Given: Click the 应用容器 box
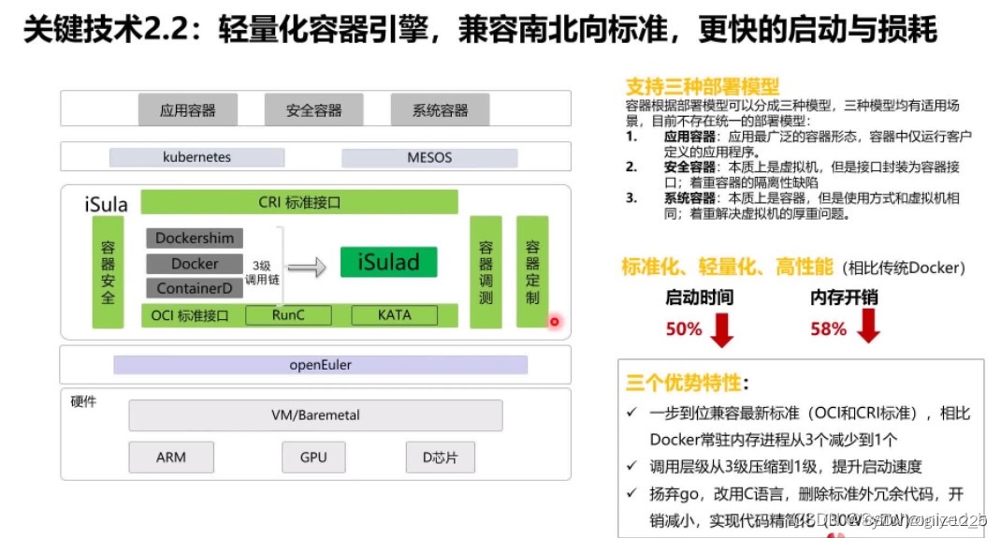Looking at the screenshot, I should tap(187, 110).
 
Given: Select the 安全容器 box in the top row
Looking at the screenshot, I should tap(313, 110).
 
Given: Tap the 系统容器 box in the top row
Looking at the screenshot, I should tap(440, 110).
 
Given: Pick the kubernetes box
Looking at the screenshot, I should tap(196, 157).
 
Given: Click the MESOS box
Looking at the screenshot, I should tap(429, 157).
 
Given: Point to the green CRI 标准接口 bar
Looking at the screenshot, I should tap(299, 202).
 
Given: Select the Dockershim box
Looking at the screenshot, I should tap(195, 238).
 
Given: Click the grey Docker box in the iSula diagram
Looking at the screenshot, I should tap(195, 263).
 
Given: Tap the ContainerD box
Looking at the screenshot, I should tap(195, 288).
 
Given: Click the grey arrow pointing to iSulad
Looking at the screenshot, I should tap(307, 268).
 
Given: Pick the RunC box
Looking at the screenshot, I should tap(288, 315).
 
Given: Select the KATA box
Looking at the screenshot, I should tap(394, 315).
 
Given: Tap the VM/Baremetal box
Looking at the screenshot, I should tap(315, 414).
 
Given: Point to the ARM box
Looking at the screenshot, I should tap(171, 458).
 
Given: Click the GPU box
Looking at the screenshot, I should tap(313, 458).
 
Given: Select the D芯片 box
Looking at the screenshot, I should tap(440, 458).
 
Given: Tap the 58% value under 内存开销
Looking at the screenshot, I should tap(828, 328).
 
